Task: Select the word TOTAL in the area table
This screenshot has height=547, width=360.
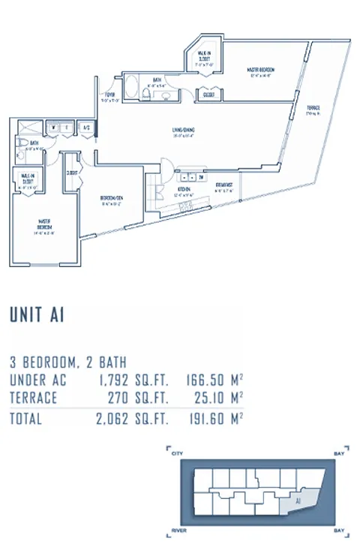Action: coord(26,419)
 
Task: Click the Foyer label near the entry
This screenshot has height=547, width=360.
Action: coord(109,96)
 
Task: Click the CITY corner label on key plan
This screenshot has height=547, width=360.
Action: coord(177,454)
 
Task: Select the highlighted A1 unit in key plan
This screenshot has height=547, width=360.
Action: coord(299,499)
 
